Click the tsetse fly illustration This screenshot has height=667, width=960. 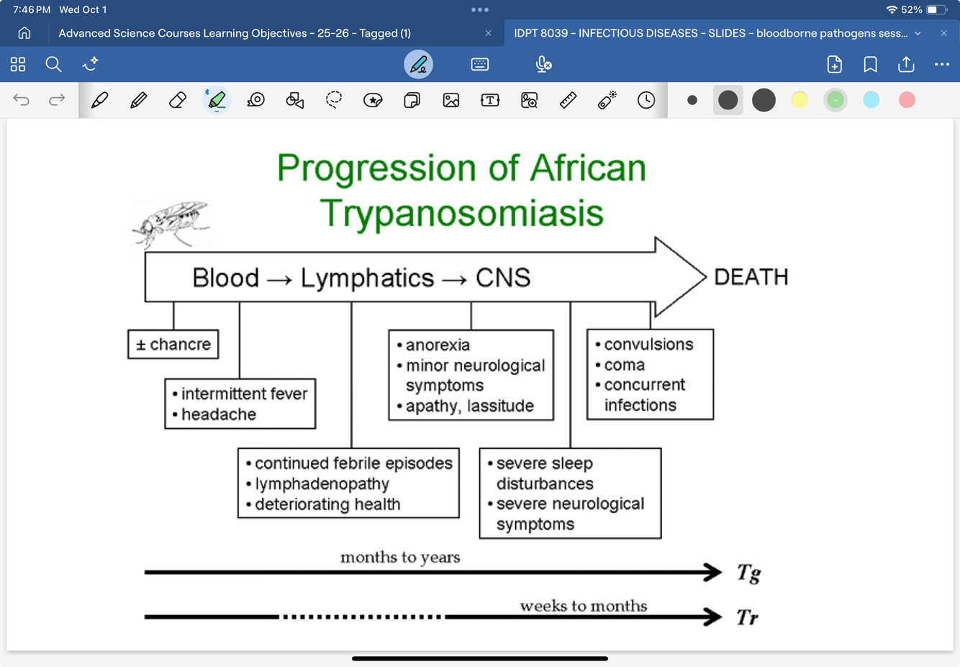(171, 224)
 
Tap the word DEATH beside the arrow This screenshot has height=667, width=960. (751, 277)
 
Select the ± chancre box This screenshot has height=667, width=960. (173, 345)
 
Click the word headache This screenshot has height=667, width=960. (219, 414)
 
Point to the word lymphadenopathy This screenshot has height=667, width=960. (322, 484)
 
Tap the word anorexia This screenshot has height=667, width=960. (438, 345)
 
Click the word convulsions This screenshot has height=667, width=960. (648, 345)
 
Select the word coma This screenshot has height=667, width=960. (624, 365)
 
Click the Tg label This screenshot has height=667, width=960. (748, 573)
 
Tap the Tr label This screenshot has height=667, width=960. (747, 617)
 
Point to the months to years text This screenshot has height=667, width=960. (400, 558)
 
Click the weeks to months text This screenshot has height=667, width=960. (583, 606)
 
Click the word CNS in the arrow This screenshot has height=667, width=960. (503, 278)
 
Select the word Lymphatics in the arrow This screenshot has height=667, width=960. (367, 278)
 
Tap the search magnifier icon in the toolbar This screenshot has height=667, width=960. (53, 65)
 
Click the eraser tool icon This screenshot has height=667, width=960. (177, 100)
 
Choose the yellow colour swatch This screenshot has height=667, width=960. (800, 100)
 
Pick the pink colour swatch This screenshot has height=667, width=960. (907, 100)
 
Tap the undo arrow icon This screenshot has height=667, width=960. (22, 100)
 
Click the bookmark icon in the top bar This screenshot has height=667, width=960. (870, 65)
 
